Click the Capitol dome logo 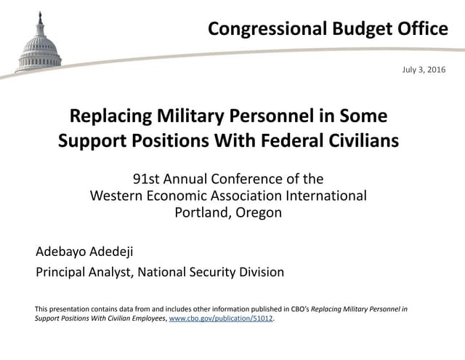[x=39, y=43]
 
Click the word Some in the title [x=365, y=116]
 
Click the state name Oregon [x=259, y=212]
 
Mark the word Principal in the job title [x=63, y=273]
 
